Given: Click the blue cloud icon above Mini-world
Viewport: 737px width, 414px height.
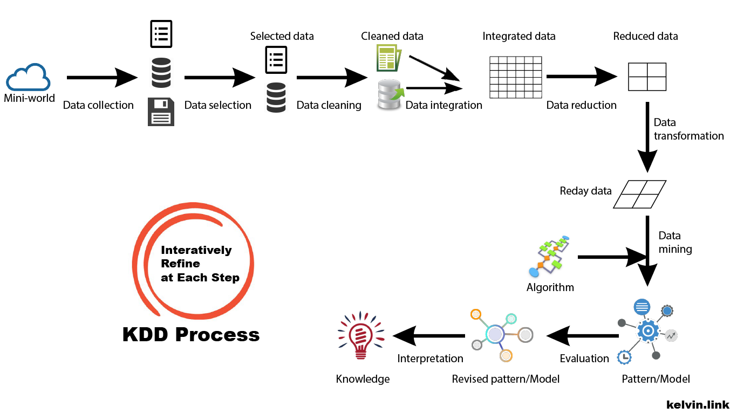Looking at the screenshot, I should point(29,78).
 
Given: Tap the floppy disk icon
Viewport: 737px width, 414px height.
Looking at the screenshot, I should point(161,112).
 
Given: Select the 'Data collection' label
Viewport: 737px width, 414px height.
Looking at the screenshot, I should point(98,105).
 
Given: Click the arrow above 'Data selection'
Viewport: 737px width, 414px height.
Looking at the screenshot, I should point(219,78).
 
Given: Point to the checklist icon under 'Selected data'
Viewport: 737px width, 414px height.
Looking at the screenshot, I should point(276,60).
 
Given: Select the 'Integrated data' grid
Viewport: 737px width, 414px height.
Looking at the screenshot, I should point(515,77).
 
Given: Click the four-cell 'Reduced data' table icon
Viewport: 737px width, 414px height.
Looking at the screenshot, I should point(647,77).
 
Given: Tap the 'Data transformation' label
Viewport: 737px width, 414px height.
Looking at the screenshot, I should point(688,129).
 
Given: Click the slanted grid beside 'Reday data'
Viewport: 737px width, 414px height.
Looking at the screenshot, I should point(640,194).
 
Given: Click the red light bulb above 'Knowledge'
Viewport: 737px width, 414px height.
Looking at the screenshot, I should point(361,336).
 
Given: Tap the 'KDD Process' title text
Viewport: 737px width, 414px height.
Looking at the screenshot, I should point(191,334).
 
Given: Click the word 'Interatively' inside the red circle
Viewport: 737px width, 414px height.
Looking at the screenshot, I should point(196,250).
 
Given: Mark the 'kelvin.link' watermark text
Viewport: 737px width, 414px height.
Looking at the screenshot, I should point(698,404).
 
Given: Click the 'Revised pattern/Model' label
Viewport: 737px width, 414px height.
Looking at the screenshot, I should point(506,379).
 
